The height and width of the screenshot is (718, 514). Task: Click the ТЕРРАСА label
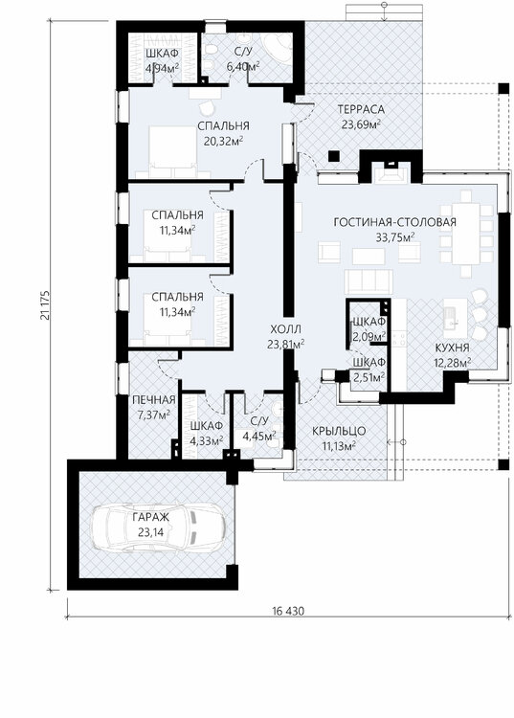pos(361,109)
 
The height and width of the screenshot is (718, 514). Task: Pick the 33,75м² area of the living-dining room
pos(394,236)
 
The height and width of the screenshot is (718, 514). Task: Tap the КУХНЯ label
pos(451,348)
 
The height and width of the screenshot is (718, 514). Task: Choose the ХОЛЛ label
pos(286,327)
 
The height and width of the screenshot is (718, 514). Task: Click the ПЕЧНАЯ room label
pos(154,399)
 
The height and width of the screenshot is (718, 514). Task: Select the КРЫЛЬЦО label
pos(336,430)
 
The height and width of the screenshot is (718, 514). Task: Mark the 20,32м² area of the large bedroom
pos(224,140)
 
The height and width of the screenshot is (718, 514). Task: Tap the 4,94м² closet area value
pos(163,68)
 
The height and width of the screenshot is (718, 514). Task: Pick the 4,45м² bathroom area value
pos(258,437)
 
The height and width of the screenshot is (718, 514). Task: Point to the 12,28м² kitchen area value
pos(451,362)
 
